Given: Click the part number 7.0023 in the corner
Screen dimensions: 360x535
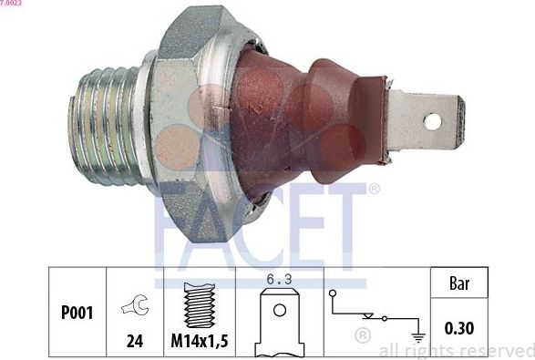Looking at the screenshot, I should point(12,4).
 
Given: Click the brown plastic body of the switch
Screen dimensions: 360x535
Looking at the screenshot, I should point(301,118).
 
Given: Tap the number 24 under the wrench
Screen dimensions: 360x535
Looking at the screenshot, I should point(134,343).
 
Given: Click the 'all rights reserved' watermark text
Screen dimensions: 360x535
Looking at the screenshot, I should point(456,351).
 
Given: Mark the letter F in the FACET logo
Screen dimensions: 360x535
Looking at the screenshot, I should point(172,228).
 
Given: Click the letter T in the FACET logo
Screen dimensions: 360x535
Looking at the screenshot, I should point(351,228).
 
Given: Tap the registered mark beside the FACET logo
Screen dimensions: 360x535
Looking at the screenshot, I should point(373,190).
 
